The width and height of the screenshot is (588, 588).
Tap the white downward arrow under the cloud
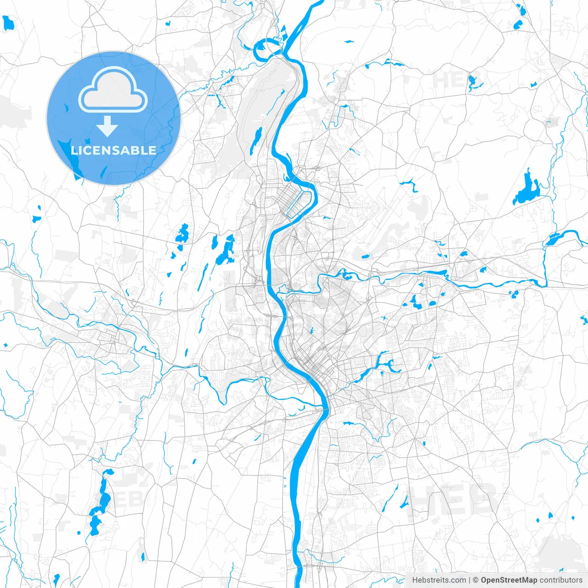107,126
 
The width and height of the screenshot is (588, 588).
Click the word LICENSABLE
113,150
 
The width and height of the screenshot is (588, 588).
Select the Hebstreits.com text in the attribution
439,580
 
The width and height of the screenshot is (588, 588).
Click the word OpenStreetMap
509,580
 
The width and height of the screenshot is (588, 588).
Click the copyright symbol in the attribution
475,580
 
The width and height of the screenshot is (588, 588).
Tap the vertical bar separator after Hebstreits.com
469,580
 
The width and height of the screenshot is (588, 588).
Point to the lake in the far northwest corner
8,23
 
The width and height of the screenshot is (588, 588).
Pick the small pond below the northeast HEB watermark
473,83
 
